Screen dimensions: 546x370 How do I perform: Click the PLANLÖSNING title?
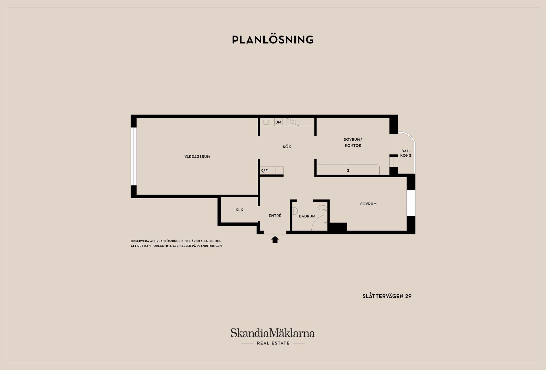(x=273, y=40)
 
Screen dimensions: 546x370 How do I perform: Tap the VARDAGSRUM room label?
(x=197, y=157)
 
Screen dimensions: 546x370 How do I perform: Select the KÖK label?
(x=287, y=147)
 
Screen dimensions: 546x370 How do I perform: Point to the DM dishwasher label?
(x=278, y=122)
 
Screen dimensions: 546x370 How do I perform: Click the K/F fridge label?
(x=264, y=171)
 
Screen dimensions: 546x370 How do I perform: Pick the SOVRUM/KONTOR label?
(x=353, y=142)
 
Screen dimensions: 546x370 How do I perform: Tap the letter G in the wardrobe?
(x=348, y=171)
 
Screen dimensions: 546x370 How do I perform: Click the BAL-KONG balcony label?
(x=406, y=153)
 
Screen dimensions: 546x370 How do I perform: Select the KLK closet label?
(x=239, y=210)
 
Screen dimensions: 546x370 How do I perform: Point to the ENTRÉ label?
(x=275, y=216)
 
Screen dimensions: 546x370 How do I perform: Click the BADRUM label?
(x=307, y=216)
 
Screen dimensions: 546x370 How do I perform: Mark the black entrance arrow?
(x=275, y=240)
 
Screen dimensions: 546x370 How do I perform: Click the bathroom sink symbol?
(x=295, y=211)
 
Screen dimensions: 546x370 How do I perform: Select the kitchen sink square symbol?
(x=266, y=122)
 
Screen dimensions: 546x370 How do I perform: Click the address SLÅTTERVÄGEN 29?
(x=387, y=296)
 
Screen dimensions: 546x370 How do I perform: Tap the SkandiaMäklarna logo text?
(x=272, y=333)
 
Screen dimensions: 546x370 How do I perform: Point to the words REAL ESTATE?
(x=273, y=343)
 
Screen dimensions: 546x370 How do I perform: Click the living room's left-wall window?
(x=134, y=156)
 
